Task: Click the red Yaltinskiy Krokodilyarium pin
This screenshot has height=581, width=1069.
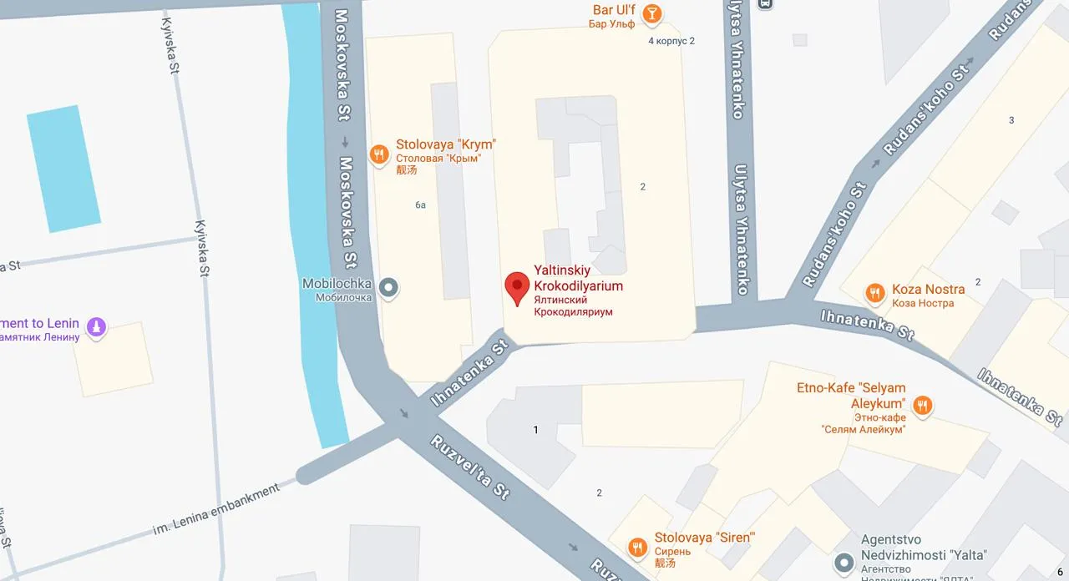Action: click(517, 288)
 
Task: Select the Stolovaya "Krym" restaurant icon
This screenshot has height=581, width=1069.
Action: click(378, 154)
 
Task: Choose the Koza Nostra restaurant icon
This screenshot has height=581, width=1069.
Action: click(874, 292)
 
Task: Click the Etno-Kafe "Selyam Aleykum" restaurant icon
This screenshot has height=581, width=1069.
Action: click(922, 406)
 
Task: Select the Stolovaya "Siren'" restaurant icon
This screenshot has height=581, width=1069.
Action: click(637, 547)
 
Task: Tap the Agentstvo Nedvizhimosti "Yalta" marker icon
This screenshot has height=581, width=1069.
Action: click(846, 562)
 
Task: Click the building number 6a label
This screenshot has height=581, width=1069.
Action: click(420, 205)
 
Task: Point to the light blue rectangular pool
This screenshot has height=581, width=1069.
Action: click(63, 168)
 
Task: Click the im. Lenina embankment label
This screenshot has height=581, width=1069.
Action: click(216, 510)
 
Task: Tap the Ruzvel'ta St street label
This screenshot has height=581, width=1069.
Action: click(470, 467)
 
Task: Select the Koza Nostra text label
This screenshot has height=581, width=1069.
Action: click(928, 290)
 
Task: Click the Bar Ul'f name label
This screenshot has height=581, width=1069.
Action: click(614, 9)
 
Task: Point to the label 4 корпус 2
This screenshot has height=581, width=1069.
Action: click(671, 40)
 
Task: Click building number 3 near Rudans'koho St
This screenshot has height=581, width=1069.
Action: click(1011, 120)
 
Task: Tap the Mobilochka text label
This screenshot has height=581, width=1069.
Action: click(337, 284)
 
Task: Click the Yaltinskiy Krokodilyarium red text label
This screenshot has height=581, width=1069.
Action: click(578, 278)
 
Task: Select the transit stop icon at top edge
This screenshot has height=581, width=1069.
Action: click(764, 3)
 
